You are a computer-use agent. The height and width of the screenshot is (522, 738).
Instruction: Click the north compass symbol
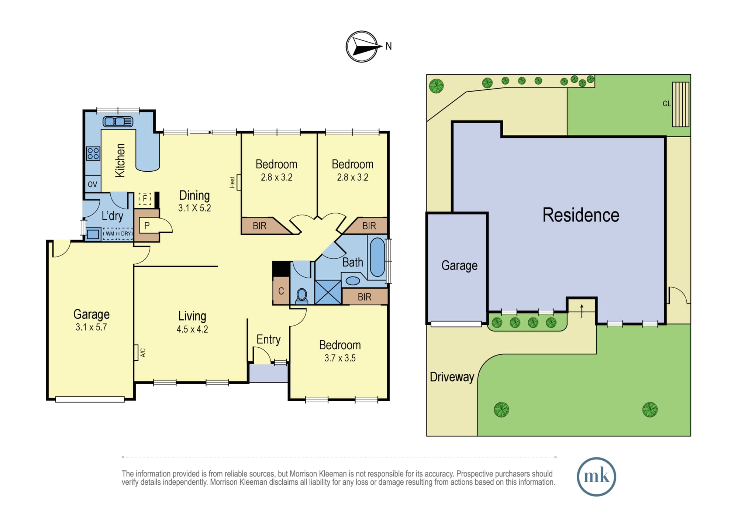click(x=362, y=47)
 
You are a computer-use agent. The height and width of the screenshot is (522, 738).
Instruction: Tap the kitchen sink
click(x=118, y=121)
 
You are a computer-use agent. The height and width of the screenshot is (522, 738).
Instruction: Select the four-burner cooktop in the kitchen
click(x=93, y=154)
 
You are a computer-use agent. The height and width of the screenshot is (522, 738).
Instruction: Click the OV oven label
click(x=93, y=184)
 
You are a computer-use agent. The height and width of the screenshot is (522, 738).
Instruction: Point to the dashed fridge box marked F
click(x=145, y=199)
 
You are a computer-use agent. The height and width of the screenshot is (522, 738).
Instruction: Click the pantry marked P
click(x=147, y=225)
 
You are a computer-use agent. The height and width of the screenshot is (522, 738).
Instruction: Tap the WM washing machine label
click(x=110, y=234)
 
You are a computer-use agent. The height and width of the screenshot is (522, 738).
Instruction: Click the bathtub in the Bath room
click(x=377, y=257)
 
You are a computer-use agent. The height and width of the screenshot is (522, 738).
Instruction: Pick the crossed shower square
click(x=328, y=292)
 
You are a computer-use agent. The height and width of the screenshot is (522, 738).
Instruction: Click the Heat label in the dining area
click(x=232, y=182)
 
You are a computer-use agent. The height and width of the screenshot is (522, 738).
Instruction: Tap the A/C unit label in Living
click(x=143, y=353)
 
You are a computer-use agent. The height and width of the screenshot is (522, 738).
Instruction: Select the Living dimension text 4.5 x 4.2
click(x=192, y=329)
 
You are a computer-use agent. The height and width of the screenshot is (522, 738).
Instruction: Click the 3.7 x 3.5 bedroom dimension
click(x=340, y=358)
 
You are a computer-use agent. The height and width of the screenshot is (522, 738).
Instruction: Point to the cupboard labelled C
click(x=281, y=291)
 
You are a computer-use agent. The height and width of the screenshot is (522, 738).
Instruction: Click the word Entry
click(x=269, y=340)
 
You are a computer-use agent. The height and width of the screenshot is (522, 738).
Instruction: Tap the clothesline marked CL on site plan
click(x=680, y=104)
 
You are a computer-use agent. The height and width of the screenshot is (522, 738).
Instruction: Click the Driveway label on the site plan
click(x=452, y=377)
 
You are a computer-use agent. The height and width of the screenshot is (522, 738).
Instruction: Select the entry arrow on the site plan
click(x=582, y=311)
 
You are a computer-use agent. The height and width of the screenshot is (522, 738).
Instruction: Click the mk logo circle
click(x=596, y=477)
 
